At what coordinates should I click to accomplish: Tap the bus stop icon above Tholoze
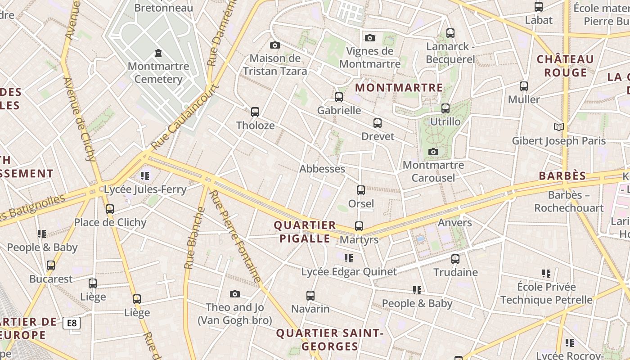click(255, 112)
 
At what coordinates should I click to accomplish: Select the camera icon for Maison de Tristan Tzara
click(275, 45)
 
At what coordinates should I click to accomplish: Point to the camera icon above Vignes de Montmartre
click(370, 38)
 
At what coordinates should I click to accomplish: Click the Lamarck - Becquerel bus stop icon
click(450, 33)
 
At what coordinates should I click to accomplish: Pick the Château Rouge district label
click(565, 66)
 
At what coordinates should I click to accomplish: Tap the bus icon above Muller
click(523, 86)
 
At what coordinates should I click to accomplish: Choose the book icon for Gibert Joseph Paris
click(559, 127)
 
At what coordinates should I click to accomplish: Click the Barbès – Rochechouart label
click(569, 202)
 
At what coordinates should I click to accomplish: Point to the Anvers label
click(455, 222)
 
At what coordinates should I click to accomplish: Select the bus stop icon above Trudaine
click(455, 259)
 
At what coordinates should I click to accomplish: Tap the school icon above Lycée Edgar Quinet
click(349, 258)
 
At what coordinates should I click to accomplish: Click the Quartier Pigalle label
click(305, 232)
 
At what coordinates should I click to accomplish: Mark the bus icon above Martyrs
click(359, 226)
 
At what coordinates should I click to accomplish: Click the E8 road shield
click(72, 323)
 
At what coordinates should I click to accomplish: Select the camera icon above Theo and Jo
click(234, 294)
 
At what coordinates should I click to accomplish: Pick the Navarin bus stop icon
click(310, 296)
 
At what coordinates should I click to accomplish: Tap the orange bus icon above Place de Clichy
click(110, 209)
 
